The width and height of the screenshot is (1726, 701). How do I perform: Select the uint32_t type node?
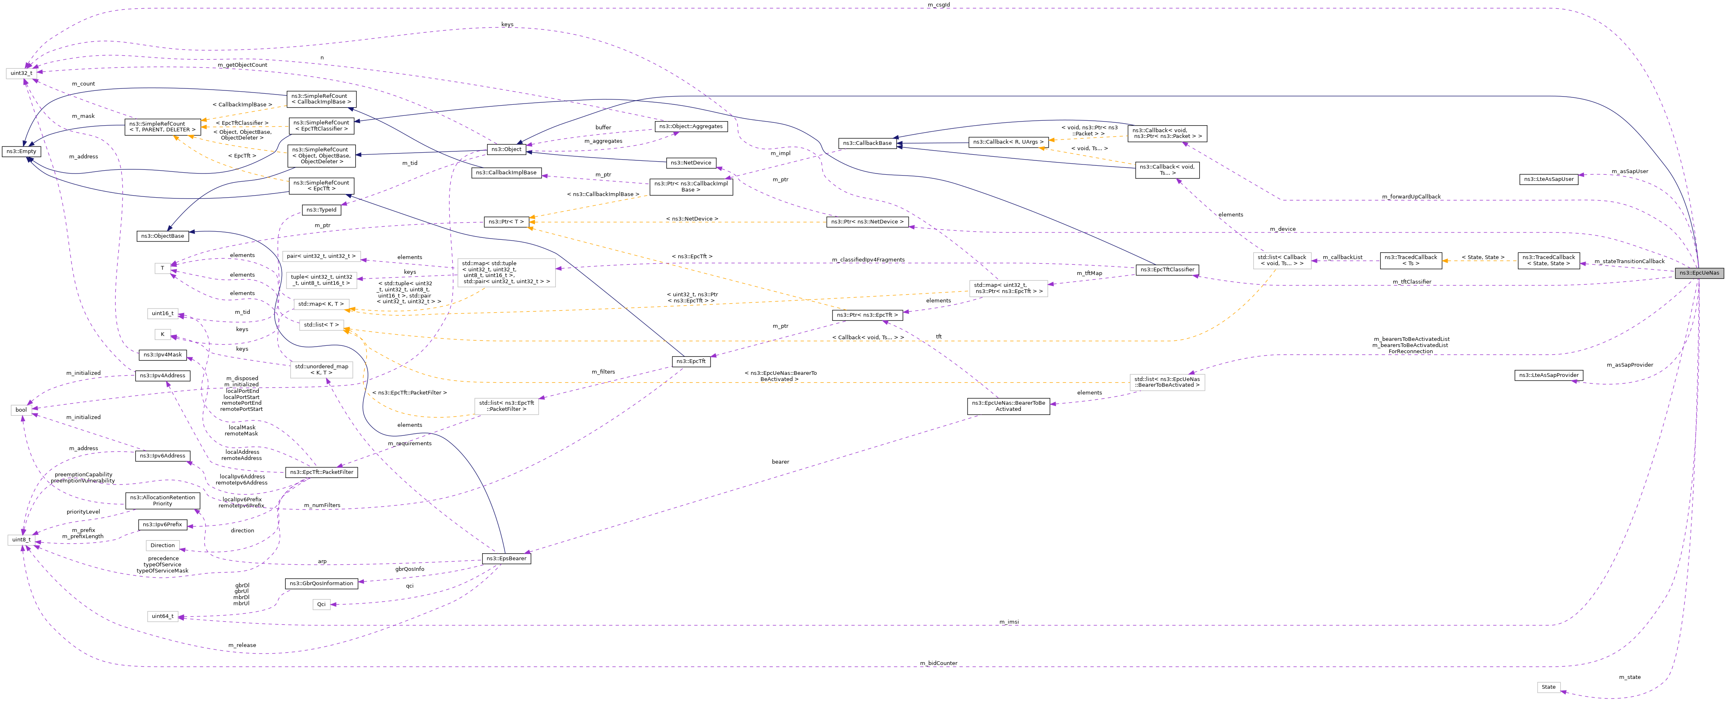click(21, 73)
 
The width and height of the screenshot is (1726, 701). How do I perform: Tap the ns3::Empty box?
click(21, 151)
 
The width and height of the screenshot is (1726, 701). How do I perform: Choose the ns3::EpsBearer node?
click(506, 558)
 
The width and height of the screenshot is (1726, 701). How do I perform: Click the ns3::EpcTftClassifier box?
click(1165, 269)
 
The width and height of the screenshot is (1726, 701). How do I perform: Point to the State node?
click(1548, 687)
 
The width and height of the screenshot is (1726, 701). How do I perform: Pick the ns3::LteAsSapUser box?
click(1548, 179)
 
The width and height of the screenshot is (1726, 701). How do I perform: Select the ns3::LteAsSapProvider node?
click(1548, 375)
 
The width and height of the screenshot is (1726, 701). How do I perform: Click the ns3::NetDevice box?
click(691, 163)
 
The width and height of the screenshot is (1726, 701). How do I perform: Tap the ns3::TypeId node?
click(322, 210)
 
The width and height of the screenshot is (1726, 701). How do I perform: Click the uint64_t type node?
click(162, 616)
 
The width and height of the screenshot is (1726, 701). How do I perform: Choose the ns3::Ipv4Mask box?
click(162, 354)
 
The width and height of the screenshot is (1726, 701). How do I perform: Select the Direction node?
click(162, 545)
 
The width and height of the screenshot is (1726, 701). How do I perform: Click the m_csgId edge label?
click(938, 5)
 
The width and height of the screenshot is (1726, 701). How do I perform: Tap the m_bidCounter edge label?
click(938, 663)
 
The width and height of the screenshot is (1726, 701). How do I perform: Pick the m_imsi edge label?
click(1009, 622)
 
